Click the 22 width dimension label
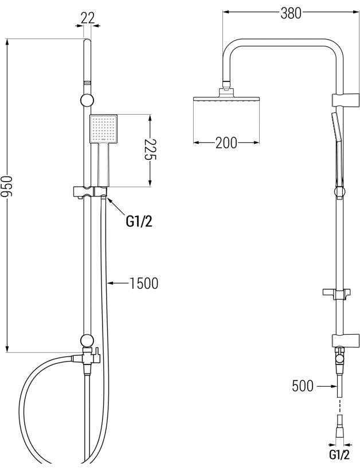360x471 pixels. click(88, 18)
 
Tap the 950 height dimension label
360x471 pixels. click(7, 186)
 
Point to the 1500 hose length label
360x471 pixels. click(144, 283)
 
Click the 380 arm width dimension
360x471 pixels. click(291, 13)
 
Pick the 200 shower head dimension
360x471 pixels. click(226, 143)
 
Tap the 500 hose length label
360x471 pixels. click(303, 386)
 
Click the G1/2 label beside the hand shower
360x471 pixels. click(139, 222)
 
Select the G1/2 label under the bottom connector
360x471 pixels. click(339, 454)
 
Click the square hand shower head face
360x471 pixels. click(103, 128)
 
